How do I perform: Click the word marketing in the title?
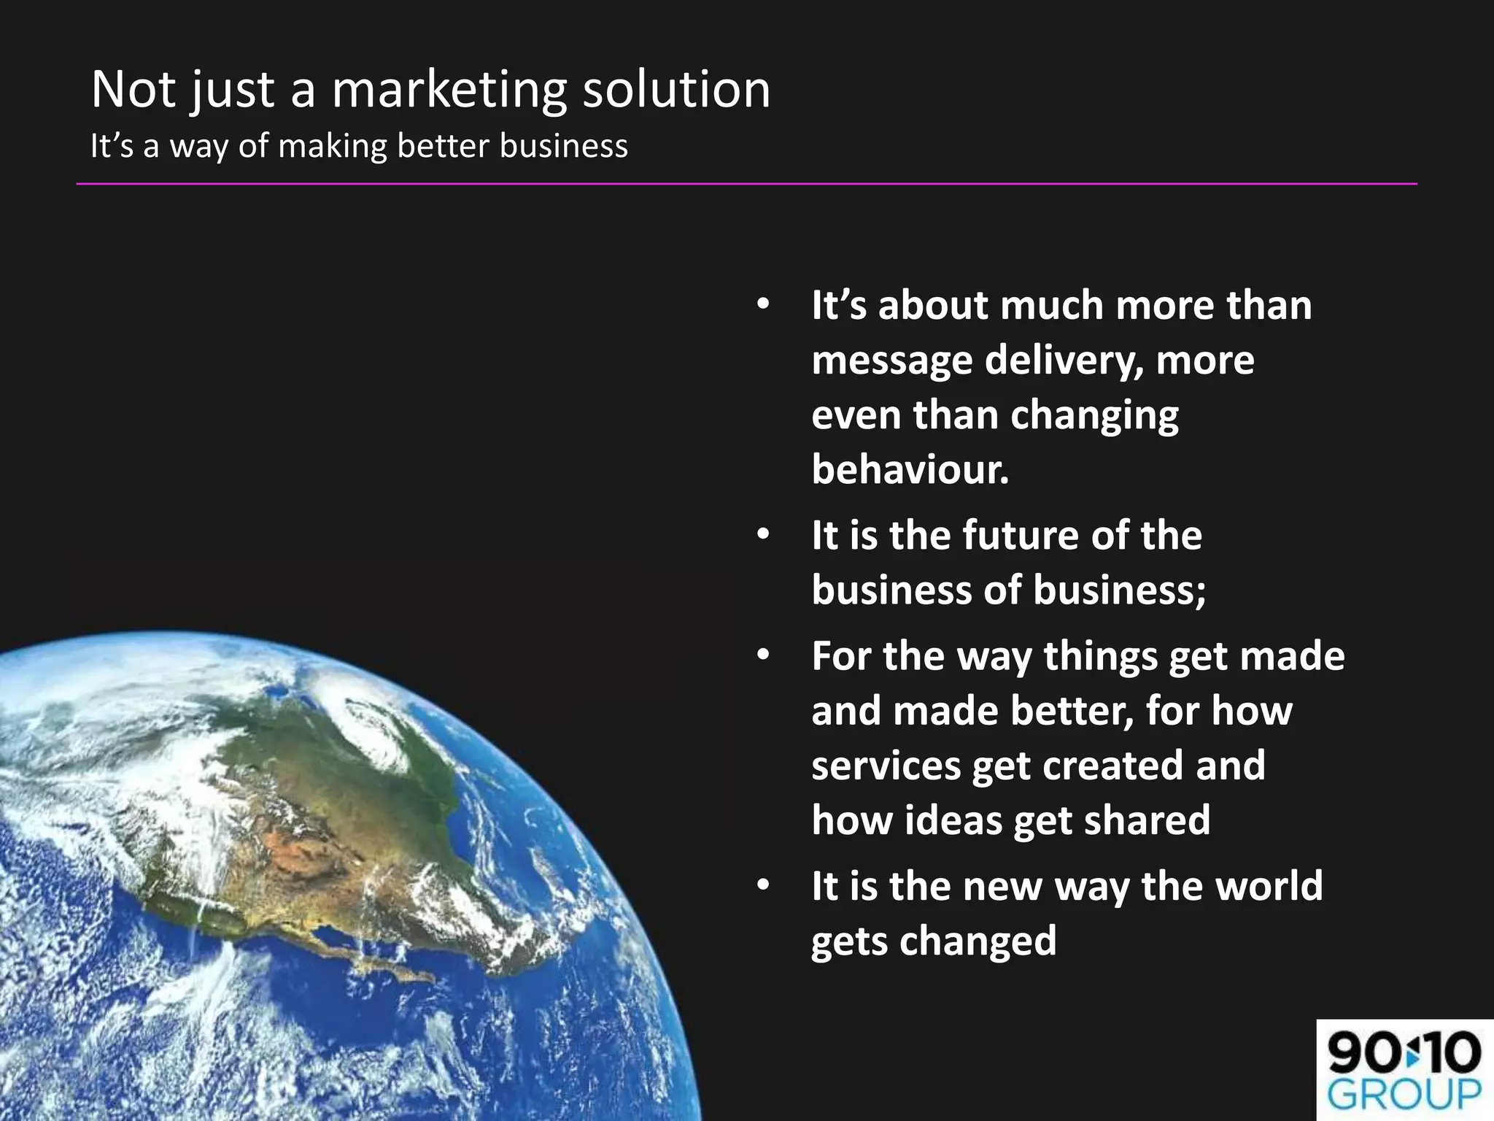tap(449, 90)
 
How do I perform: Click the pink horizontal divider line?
tap(746, 184)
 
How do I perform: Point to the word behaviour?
tap(910, 469)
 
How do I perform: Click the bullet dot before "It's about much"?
tap(763, 305)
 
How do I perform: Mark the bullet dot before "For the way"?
tap(763, 655)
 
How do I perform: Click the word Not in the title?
tap(133, 90)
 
